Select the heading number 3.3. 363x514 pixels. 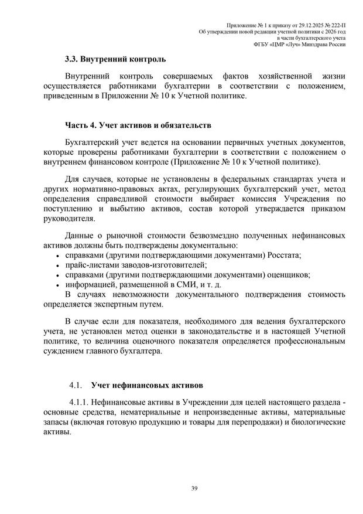73,59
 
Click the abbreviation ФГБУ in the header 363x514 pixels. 261,44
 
